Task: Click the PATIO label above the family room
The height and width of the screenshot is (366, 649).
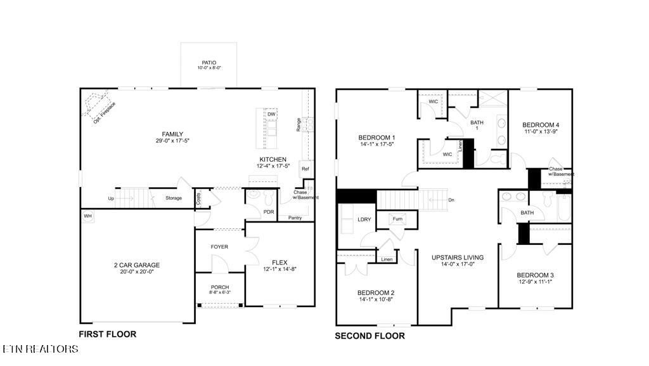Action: coord(209,63)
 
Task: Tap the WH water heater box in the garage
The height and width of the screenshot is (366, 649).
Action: coord(87,216)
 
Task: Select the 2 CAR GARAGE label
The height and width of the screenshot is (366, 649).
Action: coord(137,265)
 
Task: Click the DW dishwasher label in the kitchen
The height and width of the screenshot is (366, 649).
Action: coord(271,114)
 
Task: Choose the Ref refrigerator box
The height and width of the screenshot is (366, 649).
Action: coord(305,169)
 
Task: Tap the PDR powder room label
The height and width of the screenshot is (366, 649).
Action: coord(268,212)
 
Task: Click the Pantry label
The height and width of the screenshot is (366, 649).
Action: coord(295,218)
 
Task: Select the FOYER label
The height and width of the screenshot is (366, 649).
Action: coord(219,247)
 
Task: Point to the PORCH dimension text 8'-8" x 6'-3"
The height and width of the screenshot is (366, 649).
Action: coord(220,293)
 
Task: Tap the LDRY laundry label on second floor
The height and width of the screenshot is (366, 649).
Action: coord(364,219)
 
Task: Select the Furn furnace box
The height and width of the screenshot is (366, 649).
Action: coord(398,219)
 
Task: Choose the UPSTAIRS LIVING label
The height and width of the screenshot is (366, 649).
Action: coord(458,258)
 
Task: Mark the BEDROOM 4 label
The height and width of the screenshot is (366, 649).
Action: coord(541,125)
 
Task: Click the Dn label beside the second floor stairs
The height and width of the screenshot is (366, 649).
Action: coord(451,200)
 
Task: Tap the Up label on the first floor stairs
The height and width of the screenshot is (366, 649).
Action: coord(111,198)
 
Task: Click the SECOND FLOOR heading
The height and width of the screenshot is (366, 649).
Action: coord(369,336)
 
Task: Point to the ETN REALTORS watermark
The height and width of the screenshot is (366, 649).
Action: coord(41,349)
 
